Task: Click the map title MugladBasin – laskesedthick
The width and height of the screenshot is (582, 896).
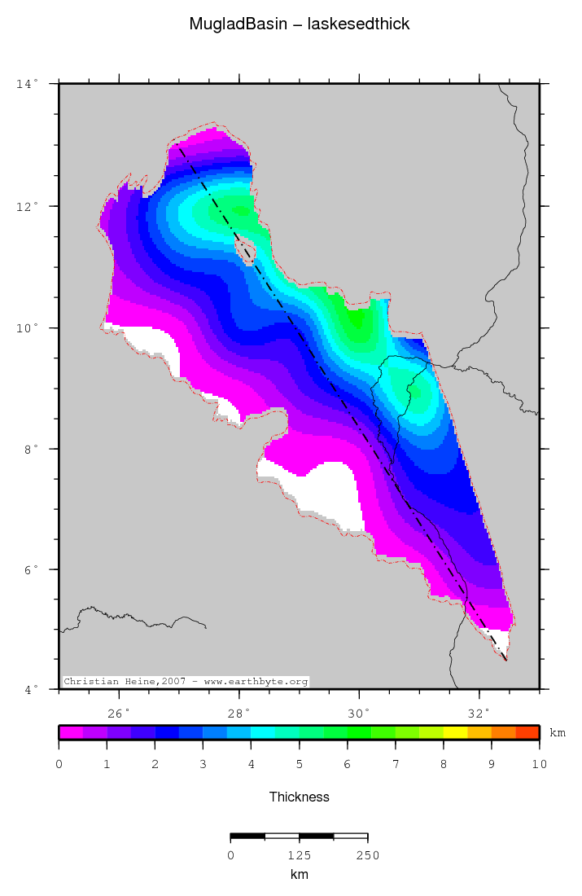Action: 300,24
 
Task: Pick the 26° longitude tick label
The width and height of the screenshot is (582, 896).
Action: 119,714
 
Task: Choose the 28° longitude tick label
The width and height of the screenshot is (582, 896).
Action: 239,714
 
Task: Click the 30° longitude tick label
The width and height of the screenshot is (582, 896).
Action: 359,714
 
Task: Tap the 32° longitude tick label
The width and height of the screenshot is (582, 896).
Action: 479,714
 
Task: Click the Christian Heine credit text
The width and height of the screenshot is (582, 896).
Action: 186,681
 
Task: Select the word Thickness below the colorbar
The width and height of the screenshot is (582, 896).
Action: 300,797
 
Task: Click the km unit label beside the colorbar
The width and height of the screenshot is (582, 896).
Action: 558,733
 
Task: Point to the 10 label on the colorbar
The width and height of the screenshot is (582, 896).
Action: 538,765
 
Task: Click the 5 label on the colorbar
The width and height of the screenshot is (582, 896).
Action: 300,765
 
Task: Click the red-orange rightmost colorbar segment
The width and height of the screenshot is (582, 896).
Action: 527,732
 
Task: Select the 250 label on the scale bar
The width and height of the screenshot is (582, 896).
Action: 367,855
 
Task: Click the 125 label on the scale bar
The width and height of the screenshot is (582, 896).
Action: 300,855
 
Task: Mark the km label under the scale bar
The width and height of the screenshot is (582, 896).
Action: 300,875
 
